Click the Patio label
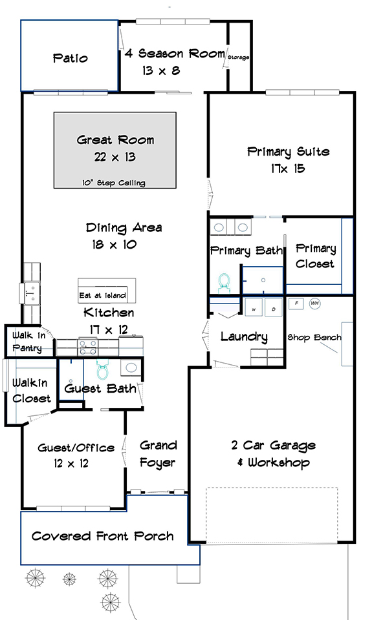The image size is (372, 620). pyautogui.click(x=70, y=58)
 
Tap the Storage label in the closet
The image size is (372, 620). pyautogui.click(x=238, y=57)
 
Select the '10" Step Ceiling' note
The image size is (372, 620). pyautogui.click(x=114, y=183)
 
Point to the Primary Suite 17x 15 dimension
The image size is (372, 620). pyautogui.click(x=288, y=169)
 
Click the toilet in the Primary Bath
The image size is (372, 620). pyautogui.click(x=224, y=283)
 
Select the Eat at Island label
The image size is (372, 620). pyautogui.click(x=103, y=295)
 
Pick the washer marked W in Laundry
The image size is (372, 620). pyautogui.click(x=254, y=307)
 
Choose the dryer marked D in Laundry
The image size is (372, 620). pyautogui.click(x=274, y=307)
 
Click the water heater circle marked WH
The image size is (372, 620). pyautogui.click(x=315, y=304)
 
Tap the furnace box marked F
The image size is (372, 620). pyautogui.click(x=296, y=304)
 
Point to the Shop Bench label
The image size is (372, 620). pyautogui.click(x=314, y=337)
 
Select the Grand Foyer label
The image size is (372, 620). pyautogui.click(x=158, y=454)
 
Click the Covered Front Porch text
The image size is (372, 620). pyautogui.click(x=103, y=536)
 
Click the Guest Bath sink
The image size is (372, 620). pyautogui.click(x=131, y=367)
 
